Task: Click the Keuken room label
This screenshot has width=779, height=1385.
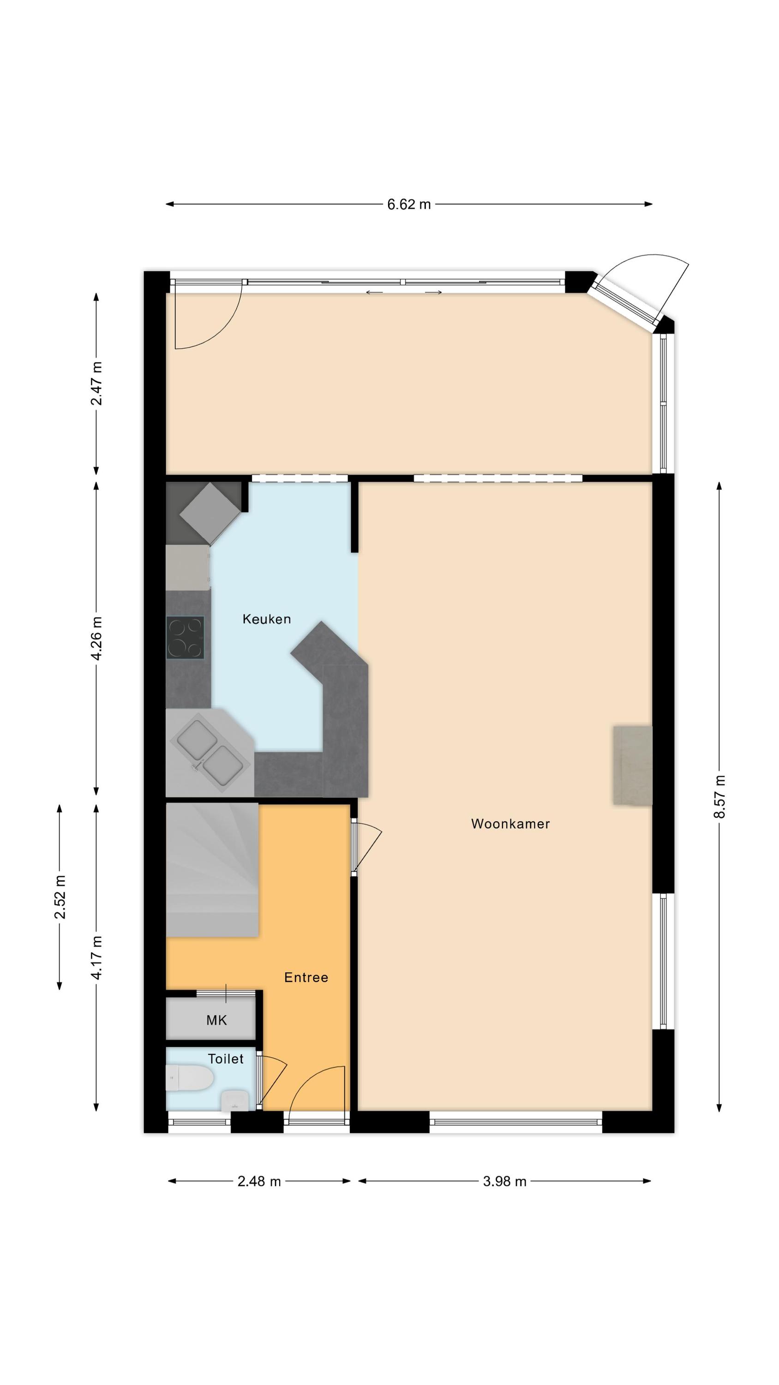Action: click(x=267, y=620)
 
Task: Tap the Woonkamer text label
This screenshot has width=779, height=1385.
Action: click(x=510, y=824)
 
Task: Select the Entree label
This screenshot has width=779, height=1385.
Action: click(x=306, y=978)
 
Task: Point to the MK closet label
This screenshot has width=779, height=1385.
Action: click(x=216, y=1020)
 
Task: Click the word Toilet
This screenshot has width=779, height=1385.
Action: click(x=226, y=1059)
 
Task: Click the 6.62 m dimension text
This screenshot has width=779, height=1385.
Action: click(x=409, y=205)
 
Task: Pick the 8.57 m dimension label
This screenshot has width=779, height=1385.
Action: click(x=719, y=797)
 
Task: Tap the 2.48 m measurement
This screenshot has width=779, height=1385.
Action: click(x=259, y=1182)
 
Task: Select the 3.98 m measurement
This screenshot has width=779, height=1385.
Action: click(x=504, y=1182)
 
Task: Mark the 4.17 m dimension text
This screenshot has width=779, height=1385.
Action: click(x=97, y=958)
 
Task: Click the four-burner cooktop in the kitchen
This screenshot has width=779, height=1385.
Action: click(x=186, y=638)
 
